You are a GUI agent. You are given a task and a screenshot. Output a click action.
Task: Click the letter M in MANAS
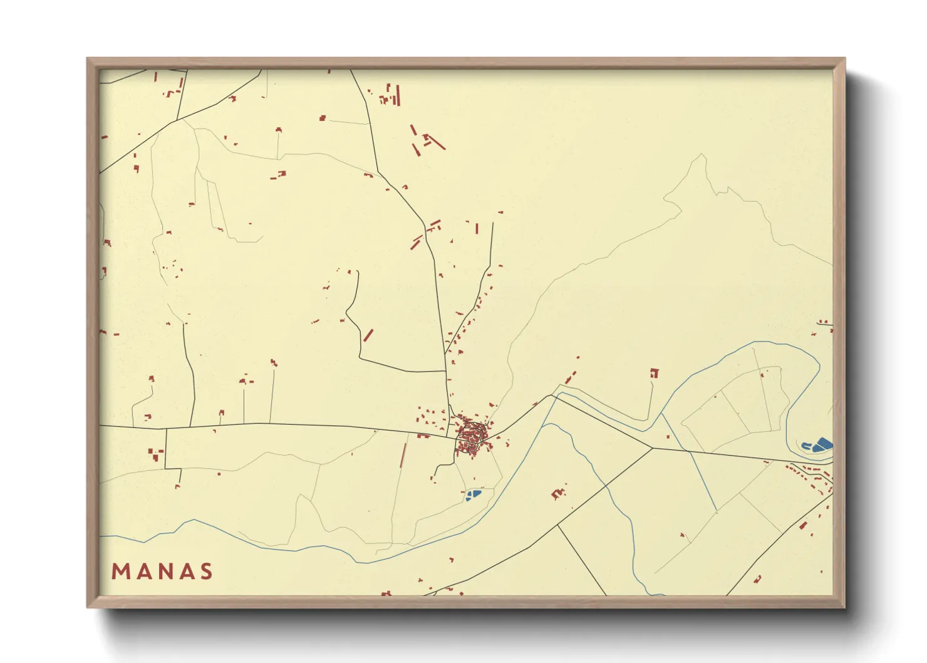(x=121, y=572)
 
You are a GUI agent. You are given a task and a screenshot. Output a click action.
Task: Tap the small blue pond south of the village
(x=472, y=495)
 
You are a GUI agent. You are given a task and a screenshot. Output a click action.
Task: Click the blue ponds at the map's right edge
(x=817, y=446)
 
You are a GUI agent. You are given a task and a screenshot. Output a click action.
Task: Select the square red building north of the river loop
(x=655, y=373)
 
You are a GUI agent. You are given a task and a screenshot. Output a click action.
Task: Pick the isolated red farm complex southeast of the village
(x=557, y=493)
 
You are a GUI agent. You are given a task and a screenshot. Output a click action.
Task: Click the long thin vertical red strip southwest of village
(x=403, y=456)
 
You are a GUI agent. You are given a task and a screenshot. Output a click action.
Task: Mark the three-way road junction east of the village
(x=652, y=448)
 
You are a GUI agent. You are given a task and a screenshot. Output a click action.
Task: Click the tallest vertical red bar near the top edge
(x=398, y=95)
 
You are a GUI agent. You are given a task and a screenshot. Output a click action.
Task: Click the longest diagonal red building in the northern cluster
(x=436, y=142)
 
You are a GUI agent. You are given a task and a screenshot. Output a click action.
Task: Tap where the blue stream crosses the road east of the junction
(x=688, y=451)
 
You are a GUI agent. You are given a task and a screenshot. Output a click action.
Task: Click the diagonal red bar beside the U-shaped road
(x=368, y=335)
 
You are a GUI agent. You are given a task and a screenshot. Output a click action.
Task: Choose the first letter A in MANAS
(x=142, y=572)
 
